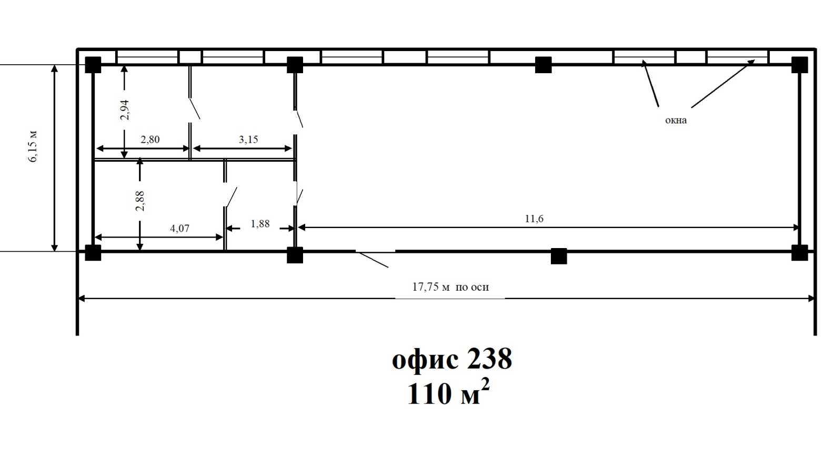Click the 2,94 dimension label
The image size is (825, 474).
(125, 110)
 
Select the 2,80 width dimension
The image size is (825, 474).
(150, 140)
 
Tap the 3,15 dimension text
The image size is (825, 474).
(248, 140)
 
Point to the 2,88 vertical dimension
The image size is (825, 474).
(139, 201)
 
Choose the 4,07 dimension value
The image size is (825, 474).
(179, 229)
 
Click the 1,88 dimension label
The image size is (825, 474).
(260, 224)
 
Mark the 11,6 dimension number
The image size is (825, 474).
(534, 219)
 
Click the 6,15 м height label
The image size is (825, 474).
(33, 146)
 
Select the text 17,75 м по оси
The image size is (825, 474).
(450, 287)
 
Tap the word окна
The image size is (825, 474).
(676, 120)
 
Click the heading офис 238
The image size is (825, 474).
(451, 359)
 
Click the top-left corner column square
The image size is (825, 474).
(93, 65)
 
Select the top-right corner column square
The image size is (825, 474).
(799, 65)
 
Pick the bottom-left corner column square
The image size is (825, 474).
(93, 253)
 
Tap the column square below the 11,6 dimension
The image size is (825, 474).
(559, 255)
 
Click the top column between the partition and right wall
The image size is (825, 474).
(543, 65)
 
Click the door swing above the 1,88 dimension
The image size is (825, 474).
(230, 197)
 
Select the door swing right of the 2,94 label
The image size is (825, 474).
(194, 108)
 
